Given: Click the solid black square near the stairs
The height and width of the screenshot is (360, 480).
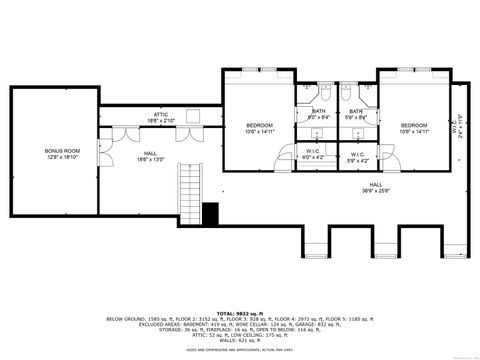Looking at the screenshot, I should pos(210,212).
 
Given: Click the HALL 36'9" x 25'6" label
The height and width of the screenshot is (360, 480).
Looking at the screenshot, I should pos(376,187).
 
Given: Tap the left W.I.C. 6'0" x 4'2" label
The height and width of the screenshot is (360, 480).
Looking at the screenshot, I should pos(312,156).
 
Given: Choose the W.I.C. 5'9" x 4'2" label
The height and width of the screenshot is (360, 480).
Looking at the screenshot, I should pos(357,156).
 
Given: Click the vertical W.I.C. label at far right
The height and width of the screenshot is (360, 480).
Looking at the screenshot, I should pos(459,128).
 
